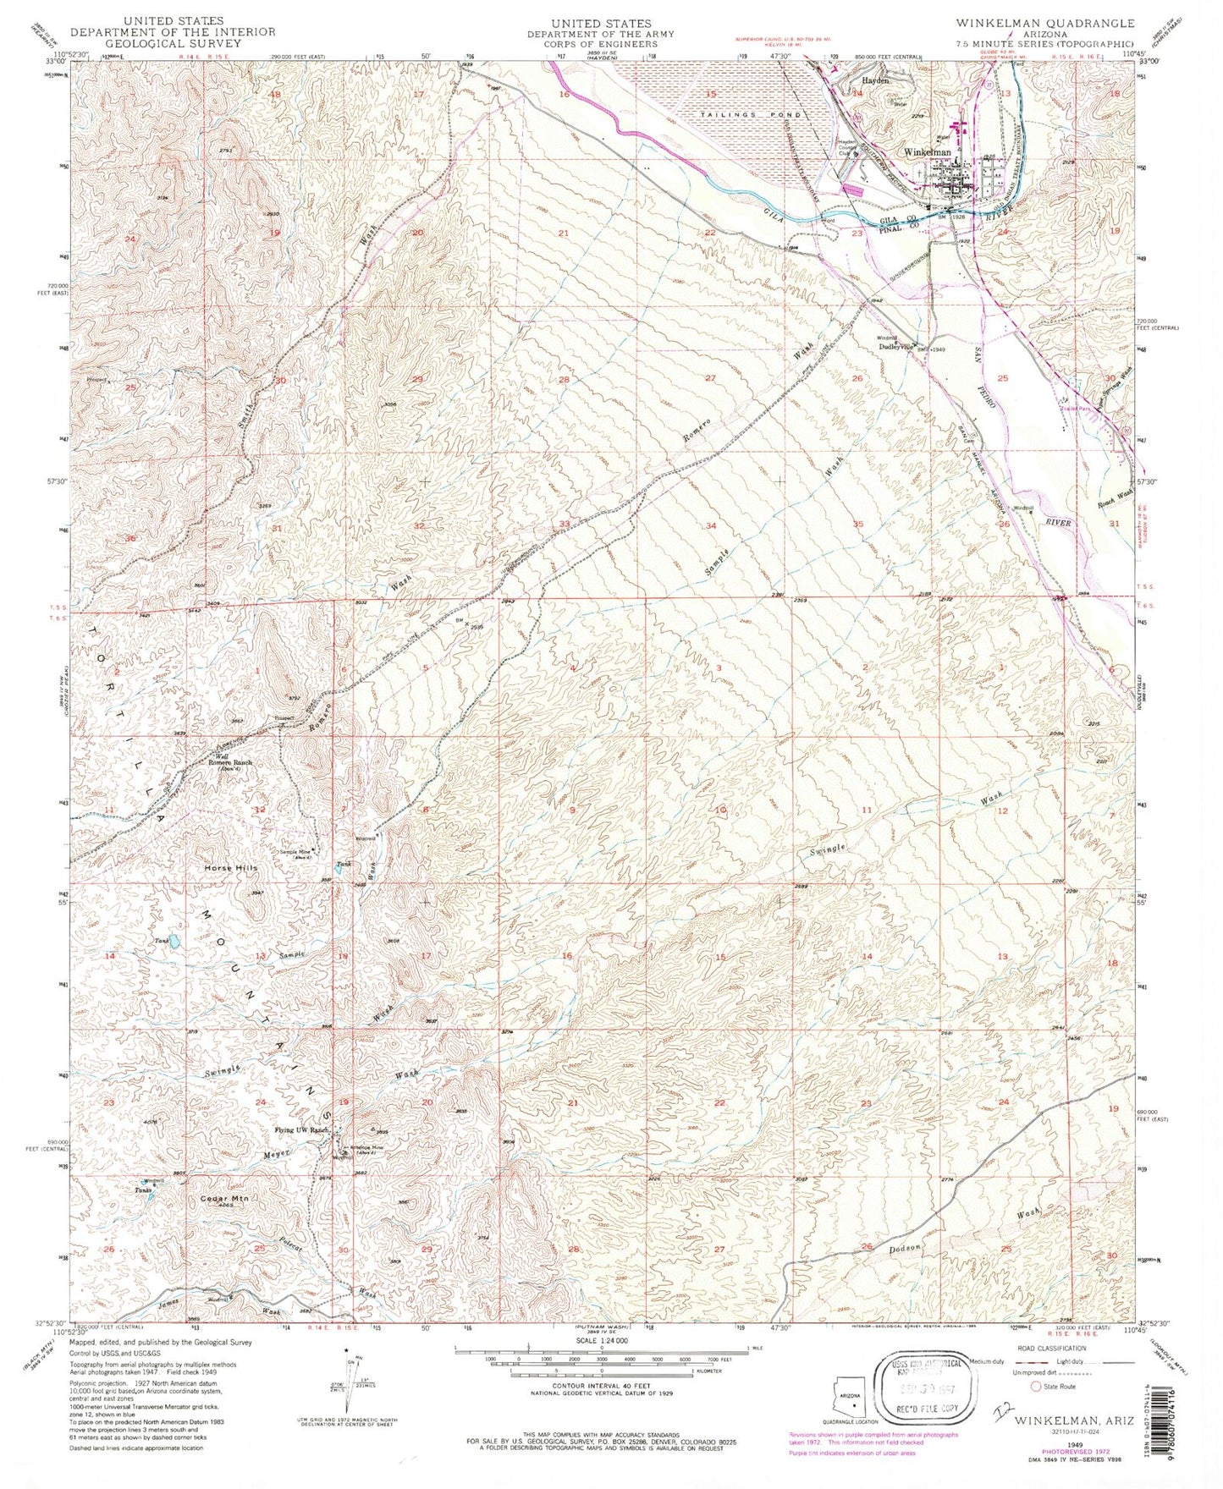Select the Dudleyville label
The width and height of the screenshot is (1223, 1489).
pyautogui.click(x=897, y=345)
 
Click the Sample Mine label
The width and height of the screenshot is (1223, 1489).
pyautogui.click(x=288, y=851)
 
